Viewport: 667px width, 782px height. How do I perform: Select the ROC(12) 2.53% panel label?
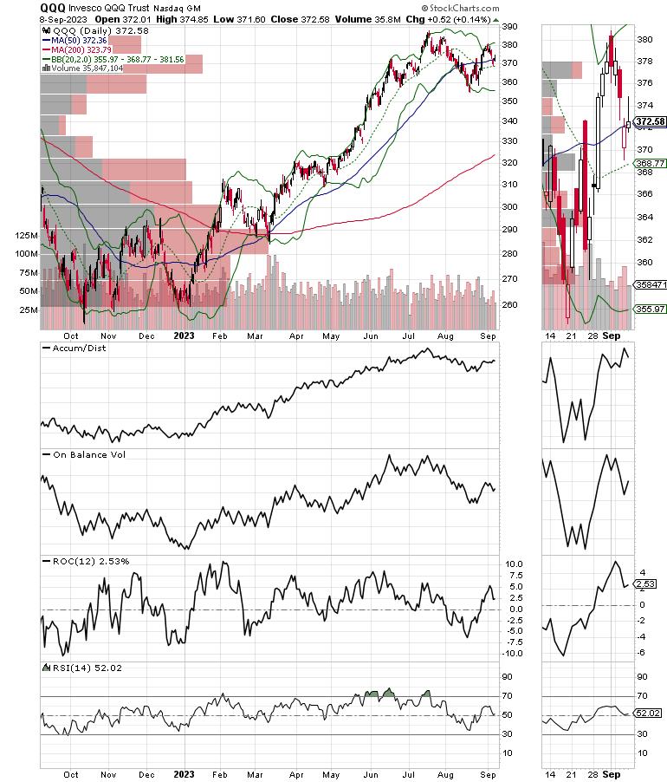87,561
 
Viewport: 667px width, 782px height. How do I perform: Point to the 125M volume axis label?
21,235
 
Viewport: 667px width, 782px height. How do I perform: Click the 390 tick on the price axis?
511,27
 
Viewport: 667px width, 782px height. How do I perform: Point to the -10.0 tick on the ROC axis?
515,653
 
